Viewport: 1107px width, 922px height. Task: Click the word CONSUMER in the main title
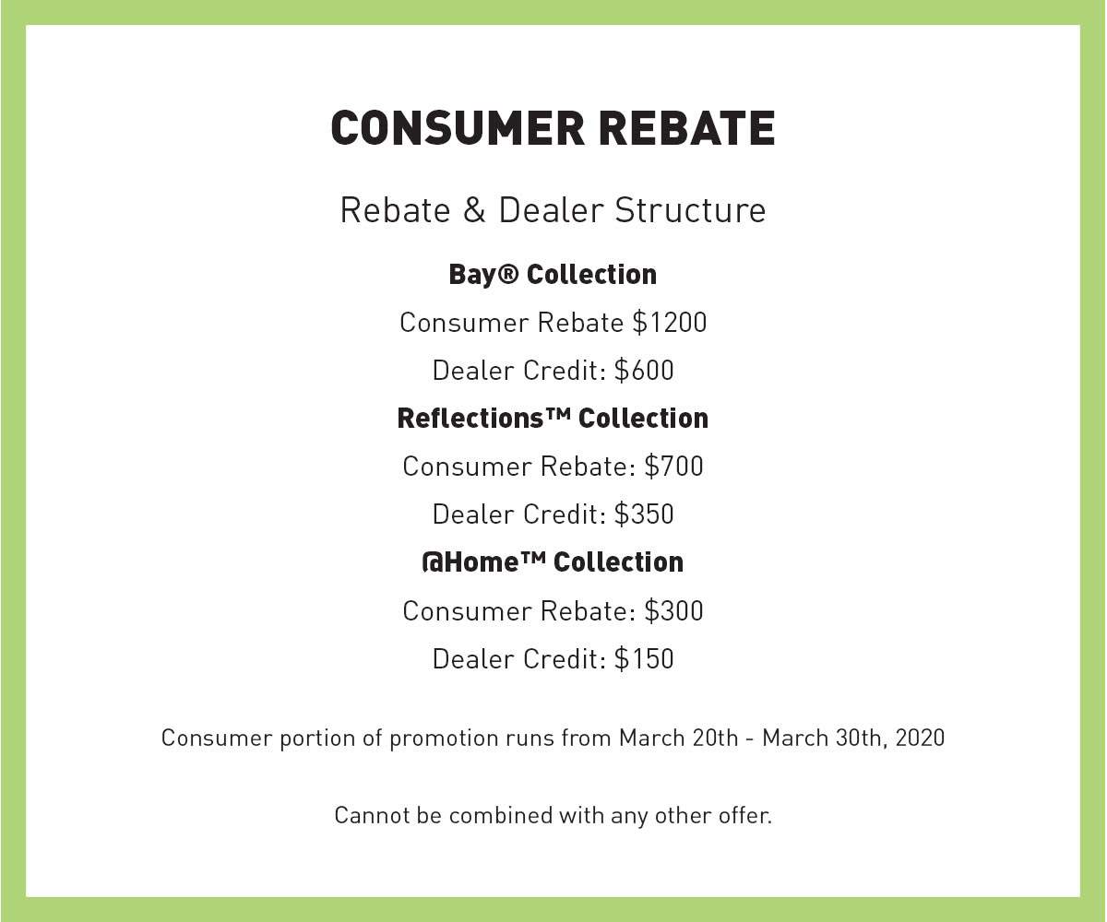pos(458,128)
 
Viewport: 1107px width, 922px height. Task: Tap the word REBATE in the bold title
pos(687,128)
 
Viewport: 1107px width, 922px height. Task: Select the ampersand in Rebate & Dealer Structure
pos(474,210)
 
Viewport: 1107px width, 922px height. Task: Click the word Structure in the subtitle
pos(690,210)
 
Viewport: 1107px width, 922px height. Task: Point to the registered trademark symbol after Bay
pos(508,274)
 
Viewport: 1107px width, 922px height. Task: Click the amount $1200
pos(670,322)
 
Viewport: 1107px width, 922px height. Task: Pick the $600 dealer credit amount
pos(644,370)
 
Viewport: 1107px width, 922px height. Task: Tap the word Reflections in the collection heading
pos(470,418)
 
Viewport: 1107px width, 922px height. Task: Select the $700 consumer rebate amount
pos(673,467)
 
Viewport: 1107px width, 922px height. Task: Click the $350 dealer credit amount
pos(644,514)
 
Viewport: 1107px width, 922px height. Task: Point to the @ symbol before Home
pos(433,562)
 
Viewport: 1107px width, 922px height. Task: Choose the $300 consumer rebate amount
pos(673,610)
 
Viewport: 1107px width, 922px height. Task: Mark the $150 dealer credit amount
pos(644,658)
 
